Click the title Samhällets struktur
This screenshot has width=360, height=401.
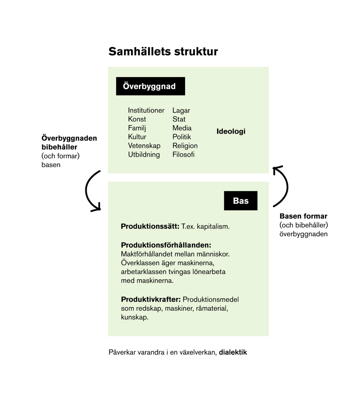coord(163,52)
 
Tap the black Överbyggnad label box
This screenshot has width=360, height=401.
coord(150,86)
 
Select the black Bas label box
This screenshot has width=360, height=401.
coord(240,201)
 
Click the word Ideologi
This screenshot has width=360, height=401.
coord(231,132)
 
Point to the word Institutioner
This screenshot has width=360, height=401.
coord(146,110)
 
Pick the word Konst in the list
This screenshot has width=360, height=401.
coord(137,119)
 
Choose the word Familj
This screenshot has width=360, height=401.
coord(137,128)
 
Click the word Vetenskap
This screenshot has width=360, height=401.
coord(144,146)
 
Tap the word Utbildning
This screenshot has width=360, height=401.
coord(144,155)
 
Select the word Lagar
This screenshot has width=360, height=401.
coord(181,110)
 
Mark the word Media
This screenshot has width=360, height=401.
coord(182,128)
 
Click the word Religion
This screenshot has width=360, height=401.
coord(185,146)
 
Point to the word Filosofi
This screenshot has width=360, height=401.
coord(183,155)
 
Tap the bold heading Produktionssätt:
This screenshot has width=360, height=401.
coord(150,227)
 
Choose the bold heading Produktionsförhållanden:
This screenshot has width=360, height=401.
coord(166,245)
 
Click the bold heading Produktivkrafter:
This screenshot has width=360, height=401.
coord(150,300)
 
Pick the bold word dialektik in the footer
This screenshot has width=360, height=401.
coord(233,352)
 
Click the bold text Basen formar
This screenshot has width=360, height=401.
coord(303,217)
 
